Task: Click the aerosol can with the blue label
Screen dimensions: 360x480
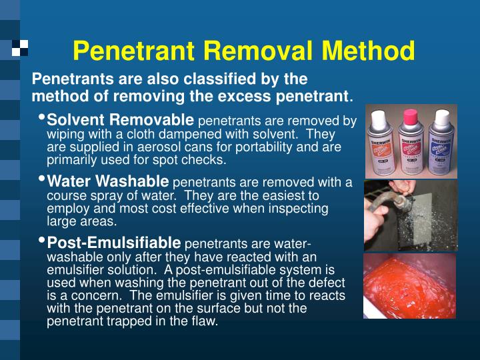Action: pyautogui.click(x=441, y=143)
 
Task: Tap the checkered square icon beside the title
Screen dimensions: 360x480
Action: pyautogui.click(x=20, y=47)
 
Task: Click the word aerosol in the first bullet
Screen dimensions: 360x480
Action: pyautogui.click(x=178, y=147)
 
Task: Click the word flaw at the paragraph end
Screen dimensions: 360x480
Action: pyautogui.click(x=205, y=321)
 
